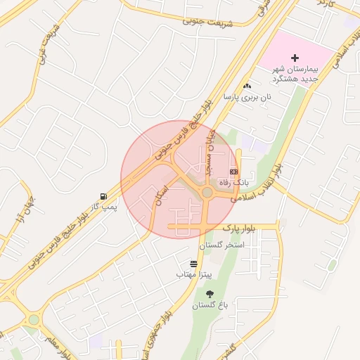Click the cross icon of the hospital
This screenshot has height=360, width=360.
point(295,57)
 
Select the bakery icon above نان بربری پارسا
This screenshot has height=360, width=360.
point(247,86)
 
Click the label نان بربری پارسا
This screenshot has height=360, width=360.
point(247,98)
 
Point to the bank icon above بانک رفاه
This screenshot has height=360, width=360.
point(234,172)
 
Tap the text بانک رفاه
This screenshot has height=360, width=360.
point(234,183)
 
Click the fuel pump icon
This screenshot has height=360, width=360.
point(104,196)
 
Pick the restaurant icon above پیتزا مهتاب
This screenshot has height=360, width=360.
point(193,263)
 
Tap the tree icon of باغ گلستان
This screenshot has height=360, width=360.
point(210,294)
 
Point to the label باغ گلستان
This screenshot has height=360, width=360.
point(210,306)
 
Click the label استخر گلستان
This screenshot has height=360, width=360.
point(221,245)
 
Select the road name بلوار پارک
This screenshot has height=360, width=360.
point(242,229)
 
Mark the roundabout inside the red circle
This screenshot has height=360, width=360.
point(207,192)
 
